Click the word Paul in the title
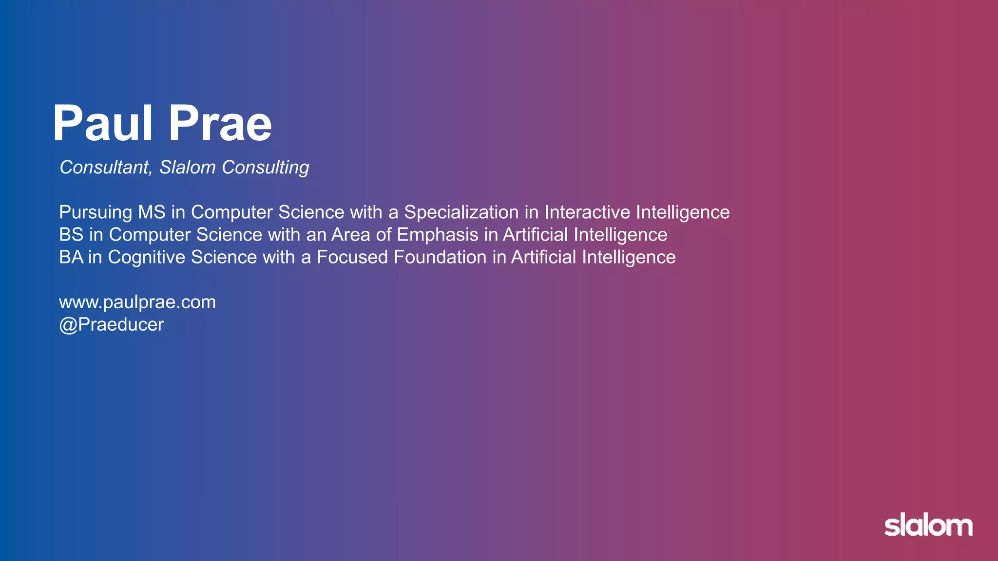tap(103, 124)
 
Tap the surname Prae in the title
tap(220, 124)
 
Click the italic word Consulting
tap(265, 168)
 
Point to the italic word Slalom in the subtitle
tap(188, 168)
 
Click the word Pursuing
tap(96, 212)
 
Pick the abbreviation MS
tap(152, 212)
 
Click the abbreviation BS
tap(71, 235)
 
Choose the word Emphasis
tap(437, 235)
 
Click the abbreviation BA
tap(71, 257)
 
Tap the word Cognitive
tap(146, 257)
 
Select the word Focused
tap(352, 257)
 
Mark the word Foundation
tap(440, 257)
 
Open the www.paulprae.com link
tap(137, 302)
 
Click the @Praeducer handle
tap(112, 325)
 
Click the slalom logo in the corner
tap(928, 525)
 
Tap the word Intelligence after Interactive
tap(683, 212)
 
